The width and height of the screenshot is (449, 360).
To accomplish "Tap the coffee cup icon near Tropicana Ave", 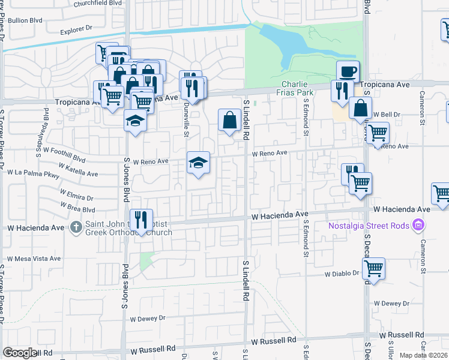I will pyautogui.click(x=348, y=72).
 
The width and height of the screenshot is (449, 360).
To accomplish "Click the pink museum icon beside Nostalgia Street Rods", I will pyautogui.click(x=419, y=226).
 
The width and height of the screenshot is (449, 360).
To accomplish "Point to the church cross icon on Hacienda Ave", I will pyautogui.click(x=76, y=227).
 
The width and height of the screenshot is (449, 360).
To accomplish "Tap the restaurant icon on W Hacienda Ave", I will pyautogui.click(x=142, y=219).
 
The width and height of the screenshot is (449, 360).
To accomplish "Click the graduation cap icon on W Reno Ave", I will pyautogui.click(x=198, y=163).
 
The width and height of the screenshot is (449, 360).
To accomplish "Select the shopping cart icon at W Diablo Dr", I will pyautogui.click(x=373, y=268).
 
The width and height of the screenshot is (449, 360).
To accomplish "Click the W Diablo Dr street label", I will pyautogui.click(x=342, y=274).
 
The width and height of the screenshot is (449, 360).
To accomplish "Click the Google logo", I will pyautogui.click(x=20, y=353).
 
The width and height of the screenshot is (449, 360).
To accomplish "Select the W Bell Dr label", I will pyautogui.click(x=387, y=113).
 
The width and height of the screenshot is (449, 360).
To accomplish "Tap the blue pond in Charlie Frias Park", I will pyautogui.click(x=288, y=42).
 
